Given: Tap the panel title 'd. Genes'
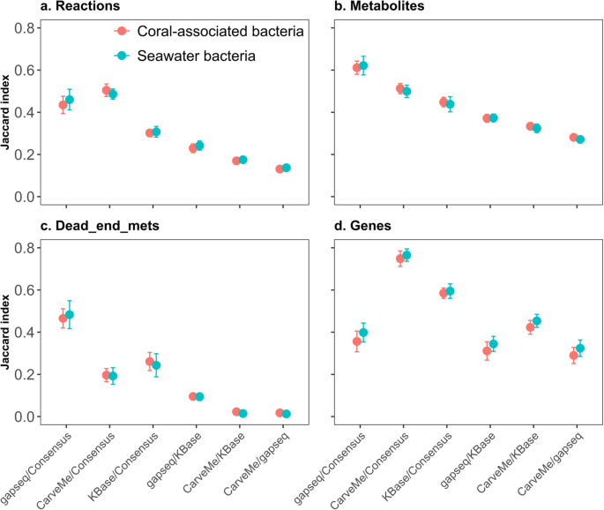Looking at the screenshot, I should click(x=362, y=227).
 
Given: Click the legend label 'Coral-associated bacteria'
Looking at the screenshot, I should click(x=221, y=32).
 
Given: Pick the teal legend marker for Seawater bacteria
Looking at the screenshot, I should click(x=123, y=56).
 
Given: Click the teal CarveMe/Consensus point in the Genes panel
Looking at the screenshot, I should click(x=406, y=255).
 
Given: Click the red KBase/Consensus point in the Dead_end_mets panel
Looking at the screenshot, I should click(x=150, y=362).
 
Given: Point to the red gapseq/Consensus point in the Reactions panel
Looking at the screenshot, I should click(x=63, y=105).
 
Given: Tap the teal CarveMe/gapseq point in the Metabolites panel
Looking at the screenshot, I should click(x=580, y=139).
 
